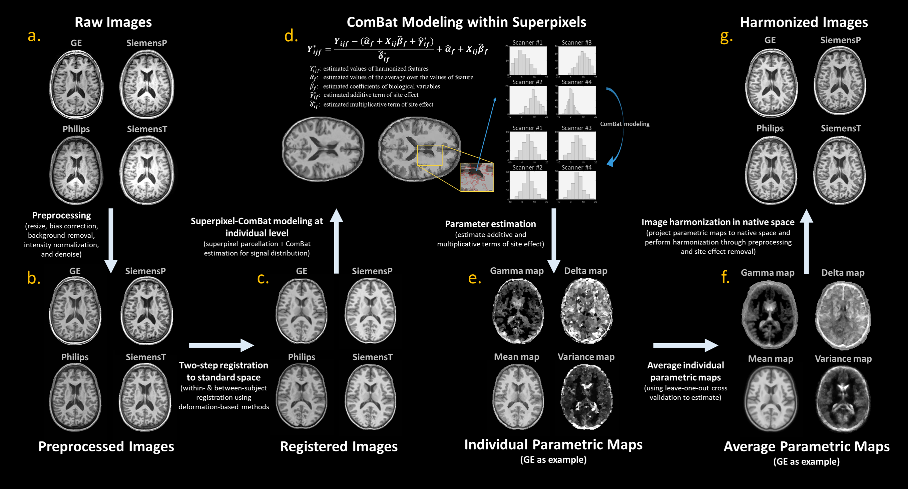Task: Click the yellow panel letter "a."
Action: (34, 36)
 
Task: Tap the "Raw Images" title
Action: (113, 22)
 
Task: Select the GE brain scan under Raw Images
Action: (76, 85)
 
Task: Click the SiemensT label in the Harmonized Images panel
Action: (841, 128)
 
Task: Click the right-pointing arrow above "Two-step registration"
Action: (221, 345)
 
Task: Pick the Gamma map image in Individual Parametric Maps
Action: (517, 311)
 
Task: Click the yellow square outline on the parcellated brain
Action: (430, 155)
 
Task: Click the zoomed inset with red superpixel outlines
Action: (477, 177)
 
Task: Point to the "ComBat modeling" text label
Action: (624, 124)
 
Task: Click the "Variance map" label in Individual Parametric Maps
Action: (586, 357)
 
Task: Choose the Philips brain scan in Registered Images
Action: (301, 396)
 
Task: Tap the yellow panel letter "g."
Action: (726, 37)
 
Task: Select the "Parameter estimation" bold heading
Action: (490, 224)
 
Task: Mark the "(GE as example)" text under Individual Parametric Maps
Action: (553, 460)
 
